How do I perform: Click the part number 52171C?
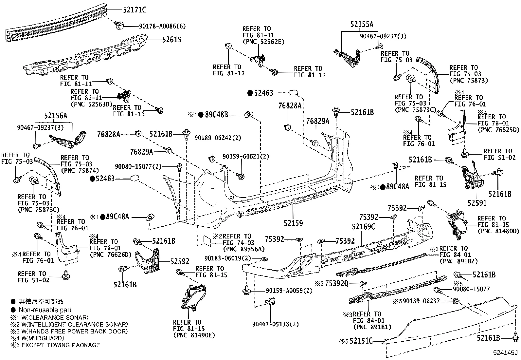click(135, 10)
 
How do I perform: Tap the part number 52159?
click(293, 223)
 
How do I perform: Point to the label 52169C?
click(363, 227)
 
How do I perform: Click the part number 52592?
click(180, 261)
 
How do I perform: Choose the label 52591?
click(477, 203)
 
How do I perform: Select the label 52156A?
click(56, 116)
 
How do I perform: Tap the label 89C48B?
click(216, 115)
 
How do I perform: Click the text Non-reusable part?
click(45, 310)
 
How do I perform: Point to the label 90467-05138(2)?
click(276, 324)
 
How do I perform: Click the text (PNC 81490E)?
click(194, 335)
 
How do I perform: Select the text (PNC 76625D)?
click(498, 130)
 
